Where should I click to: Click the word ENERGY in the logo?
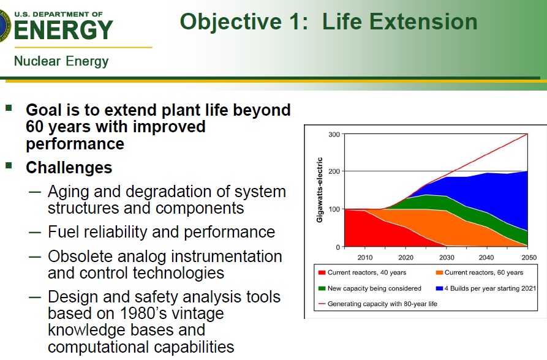(64, 30)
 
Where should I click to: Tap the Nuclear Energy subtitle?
(61, 61)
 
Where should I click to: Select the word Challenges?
(69, 167)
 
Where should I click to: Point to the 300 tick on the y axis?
(334, 135)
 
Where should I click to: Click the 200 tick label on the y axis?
(334, 171)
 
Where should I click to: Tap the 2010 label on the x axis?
(365, 257)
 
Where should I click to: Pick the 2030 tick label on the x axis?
(447, 257)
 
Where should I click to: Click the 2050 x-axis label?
(529, 257)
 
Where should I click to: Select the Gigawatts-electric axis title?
(320, 190)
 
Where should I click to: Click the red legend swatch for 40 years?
(322, 272)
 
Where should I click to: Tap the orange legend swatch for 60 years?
(439, 272)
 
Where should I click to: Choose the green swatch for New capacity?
(322, 288)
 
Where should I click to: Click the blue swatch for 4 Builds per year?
(439, 288)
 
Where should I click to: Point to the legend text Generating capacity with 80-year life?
(382, 304)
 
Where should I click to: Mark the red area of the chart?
(370, 230)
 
